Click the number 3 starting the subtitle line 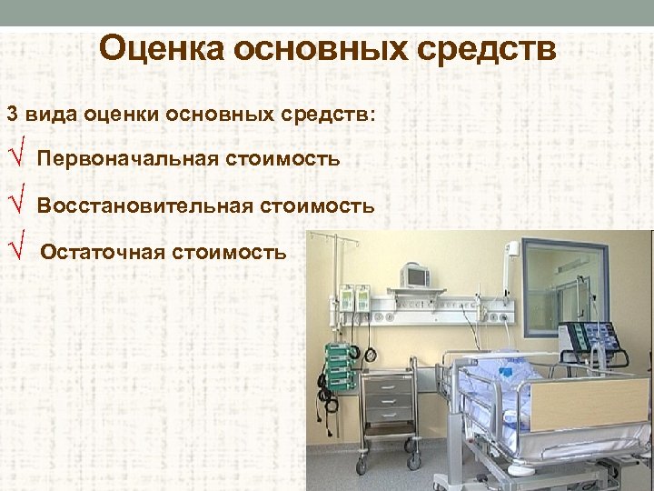coord(12,115)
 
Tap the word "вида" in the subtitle coord(52,115)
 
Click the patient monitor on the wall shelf coord(419,276)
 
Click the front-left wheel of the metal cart coord(362,466)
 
